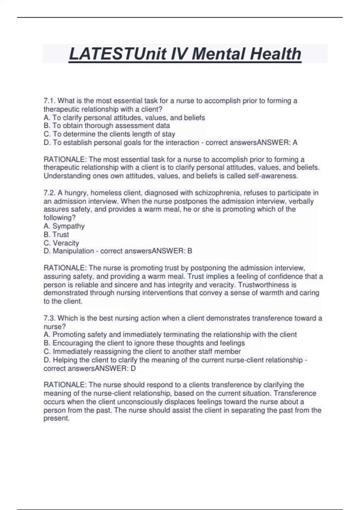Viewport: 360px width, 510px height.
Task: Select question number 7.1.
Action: click(49, 101)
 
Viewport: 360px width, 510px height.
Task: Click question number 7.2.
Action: click(49, 193)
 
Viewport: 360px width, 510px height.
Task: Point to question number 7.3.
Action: click(49, 318)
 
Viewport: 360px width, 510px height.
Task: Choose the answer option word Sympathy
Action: click(68, 226)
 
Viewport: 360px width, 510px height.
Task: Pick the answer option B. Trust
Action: click(56, 234)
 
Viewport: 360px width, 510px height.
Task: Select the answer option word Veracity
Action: click(66, 243)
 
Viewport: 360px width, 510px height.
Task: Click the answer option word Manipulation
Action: click(73, 251)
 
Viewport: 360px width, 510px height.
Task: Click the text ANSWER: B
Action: click(172, 251)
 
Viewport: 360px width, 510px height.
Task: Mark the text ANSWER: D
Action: click(115, 368)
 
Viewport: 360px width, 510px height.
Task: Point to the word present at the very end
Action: click(56, 418)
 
